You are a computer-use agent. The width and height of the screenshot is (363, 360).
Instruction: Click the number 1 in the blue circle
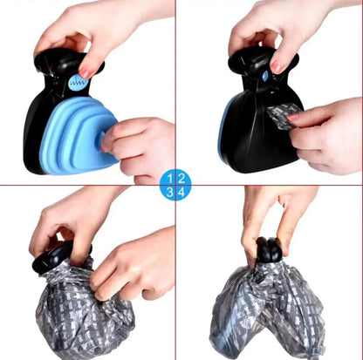[x=170, y=179]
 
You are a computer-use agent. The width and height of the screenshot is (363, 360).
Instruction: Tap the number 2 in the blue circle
[x=181, y=179]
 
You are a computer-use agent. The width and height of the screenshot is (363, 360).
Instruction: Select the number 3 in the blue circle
[x=169, y=192]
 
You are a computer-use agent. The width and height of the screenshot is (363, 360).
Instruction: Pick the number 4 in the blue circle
[x=181, y=192]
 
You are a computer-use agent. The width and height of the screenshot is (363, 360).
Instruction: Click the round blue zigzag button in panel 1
[x=78, y=83]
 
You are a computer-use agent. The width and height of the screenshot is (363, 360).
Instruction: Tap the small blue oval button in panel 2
[x=264, y=77]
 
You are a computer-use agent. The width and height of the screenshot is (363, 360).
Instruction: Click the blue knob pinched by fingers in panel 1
[x=103, y=142]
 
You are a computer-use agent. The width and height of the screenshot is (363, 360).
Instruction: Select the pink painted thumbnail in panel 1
[x=86, y=73]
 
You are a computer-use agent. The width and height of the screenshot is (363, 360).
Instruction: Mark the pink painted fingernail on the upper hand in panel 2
[x=277, y=68]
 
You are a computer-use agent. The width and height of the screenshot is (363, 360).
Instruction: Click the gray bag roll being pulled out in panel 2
[x=283, y=116]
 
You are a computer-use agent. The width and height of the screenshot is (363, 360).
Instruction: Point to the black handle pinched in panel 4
[x=269, y=250]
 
